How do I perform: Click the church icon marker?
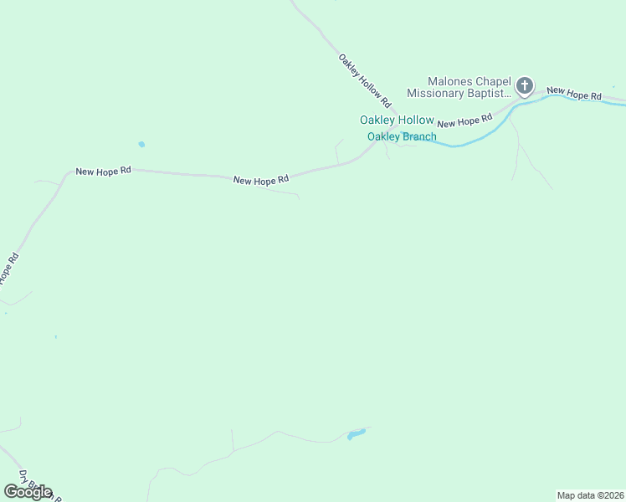point(524,85)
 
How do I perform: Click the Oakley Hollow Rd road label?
point(365,80)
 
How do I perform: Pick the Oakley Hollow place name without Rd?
point(397,120)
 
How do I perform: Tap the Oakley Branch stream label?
point(402,136)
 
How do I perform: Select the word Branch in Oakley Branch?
point(419,136)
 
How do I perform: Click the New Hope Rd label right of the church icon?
point(574,95)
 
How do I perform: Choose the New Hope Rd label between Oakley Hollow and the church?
point(464,121)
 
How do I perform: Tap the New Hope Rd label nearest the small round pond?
point(104,171)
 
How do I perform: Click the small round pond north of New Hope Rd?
point(141,145)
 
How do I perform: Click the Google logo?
point(28,492)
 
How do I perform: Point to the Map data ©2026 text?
point(590,495)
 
